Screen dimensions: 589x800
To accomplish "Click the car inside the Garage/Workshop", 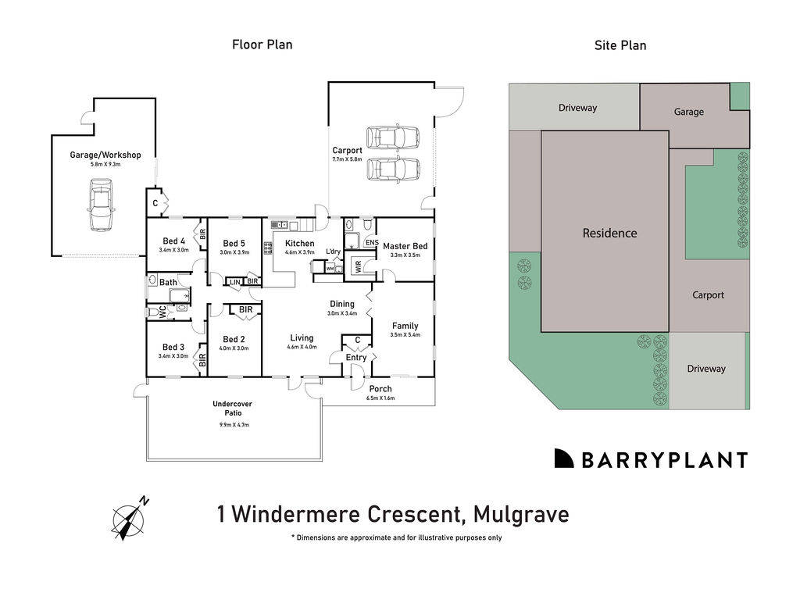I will pos(101,205).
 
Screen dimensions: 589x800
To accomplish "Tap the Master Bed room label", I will pos(405,246).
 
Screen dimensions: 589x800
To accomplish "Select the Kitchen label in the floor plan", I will pos(299,244).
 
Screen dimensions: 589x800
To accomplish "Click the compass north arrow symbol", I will pos(129,518).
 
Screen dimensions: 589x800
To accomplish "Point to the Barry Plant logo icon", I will pos(564,459).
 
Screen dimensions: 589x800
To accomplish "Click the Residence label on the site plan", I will pos(609,233).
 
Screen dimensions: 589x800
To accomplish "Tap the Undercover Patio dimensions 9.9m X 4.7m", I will pos(232,424).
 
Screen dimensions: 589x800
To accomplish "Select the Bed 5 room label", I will pos(234,243).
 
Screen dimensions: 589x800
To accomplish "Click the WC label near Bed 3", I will pos(163,312).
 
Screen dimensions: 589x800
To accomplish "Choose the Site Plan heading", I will pos(620,45).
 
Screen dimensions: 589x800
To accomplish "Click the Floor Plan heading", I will pos(262,45).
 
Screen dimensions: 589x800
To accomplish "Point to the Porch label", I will pos(380,388).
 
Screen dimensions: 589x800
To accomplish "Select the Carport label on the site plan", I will pos(708,295).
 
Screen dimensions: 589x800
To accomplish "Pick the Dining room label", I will pos(342,304).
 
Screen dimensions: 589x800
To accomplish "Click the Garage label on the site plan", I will pos(688,112).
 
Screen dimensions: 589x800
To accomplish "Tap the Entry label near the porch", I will pos(356,358).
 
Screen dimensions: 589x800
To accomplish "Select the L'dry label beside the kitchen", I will pos(333,251).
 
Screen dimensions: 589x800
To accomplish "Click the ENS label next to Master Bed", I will pos(371,243).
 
